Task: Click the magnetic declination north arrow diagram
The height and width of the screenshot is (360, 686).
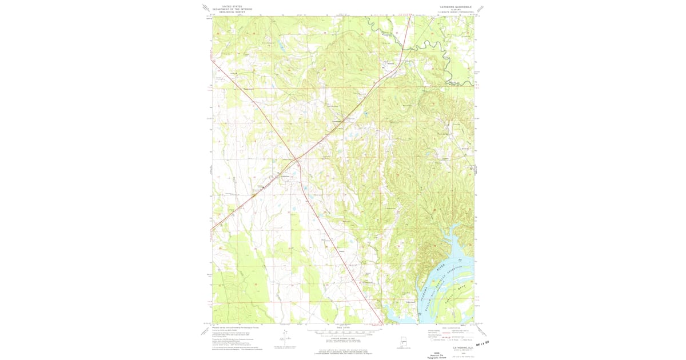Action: (x=284, y=337)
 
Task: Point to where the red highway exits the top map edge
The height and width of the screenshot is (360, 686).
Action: (x=410, y=16)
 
